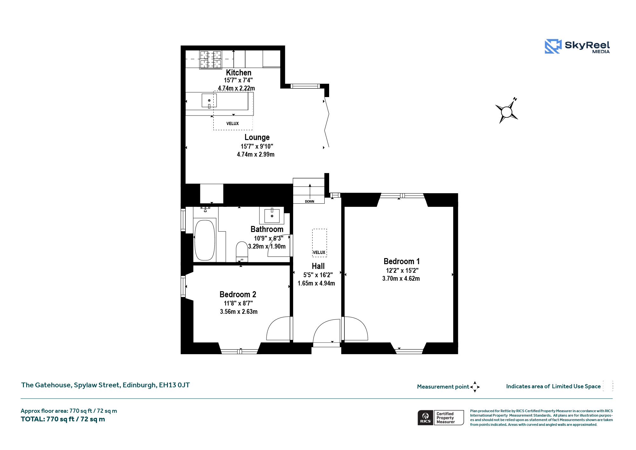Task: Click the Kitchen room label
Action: point(238,73)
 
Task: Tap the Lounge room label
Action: point(257,137)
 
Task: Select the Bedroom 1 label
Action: point(402,261)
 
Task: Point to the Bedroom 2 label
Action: point(238,294)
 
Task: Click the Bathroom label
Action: point(267,229)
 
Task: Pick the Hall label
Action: point(318,266)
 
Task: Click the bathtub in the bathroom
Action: point(204,240)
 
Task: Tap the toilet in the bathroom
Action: point(242,252)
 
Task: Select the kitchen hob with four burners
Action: point(211,60)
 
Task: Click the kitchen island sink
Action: point(209,101)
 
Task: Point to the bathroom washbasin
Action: point(272,216)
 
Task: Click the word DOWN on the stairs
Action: point(309,201)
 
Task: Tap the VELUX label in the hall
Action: point(319,252)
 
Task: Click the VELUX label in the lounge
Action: point(232,123)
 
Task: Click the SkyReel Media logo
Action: point(577,46)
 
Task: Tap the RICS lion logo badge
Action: point(425,418)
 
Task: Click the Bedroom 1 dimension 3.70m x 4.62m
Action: point(401,278)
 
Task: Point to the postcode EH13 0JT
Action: point(174,385)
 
